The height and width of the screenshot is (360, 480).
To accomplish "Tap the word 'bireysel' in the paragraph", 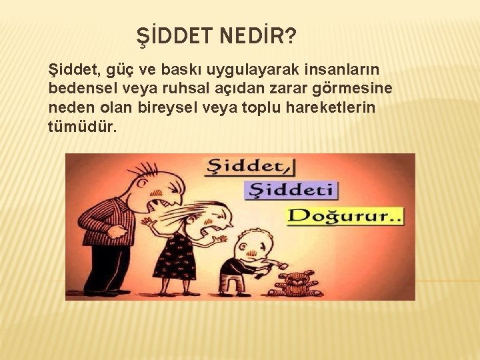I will point(164,107).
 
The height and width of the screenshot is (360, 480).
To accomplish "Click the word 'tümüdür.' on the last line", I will point(82,126).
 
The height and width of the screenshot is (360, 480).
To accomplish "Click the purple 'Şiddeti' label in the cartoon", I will point(291,191).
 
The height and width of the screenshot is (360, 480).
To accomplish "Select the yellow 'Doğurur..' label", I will point(345,217).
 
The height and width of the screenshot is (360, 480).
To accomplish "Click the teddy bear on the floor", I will point(294,283).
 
